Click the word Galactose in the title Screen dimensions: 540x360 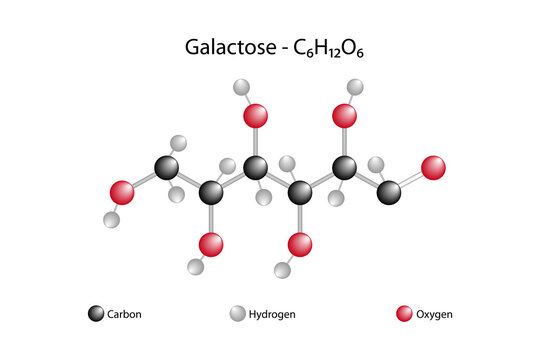click(x=219, y=47)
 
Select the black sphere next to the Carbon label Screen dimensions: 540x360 click(x=95, y=314)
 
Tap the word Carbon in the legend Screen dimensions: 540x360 click(x=124, y=314)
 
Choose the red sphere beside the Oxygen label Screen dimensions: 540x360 click(x=404, y=314)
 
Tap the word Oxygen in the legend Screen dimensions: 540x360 click(x=433, y=314)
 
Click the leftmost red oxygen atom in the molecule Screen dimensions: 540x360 click(x=122, y=191)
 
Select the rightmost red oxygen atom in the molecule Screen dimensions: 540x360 click(x=433, y=167)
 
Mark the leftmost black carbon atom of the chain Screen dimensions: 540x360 click(x=167, y=167)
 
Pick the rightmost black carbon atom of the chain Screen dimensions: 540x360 click(x=389, y=191)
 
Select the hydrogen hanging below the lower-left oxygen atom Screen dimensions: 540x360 click(x=196, y=268)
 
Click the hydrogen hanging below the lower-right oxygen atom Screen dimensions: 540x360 click(x=283, y=268)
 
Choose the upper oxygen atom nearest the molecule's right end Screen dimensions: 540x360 click(x=345, y=116)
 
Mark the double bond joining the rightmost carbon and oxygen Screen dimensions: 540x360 click(x=411, y=179)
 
